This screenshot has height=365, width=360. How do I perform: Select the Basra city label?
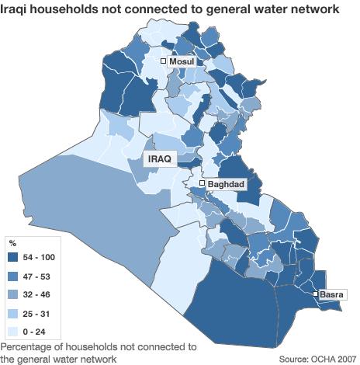coord(331,294)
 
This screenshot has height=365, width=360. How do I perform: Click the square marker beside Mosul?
coord(164,61)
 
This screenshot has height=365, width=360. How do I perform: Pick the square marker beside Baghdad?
coord(202,183)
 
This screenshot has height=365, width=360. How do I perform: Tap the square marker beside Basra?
coord(315,294)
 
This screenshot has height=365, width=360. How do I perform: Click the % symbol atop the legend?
coord(12,244)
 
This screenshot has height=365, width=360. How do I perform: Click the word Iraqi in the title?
coord(17,9)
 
